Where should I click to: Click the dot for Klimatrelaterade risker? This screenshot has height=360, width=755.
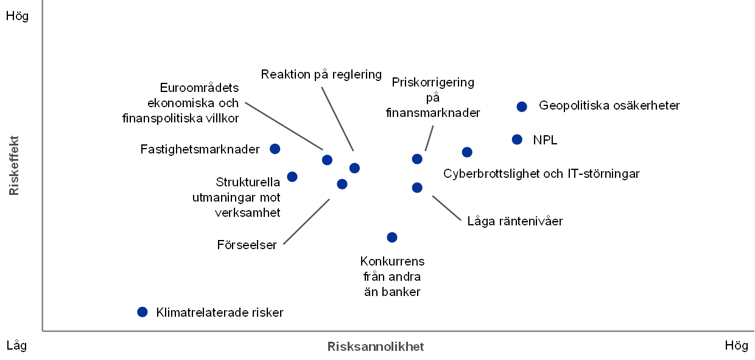142,312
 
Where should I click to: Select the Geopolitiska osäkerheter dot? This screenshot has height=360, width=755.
521,107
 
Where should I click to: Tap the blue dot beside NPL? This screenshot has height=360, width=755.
517,139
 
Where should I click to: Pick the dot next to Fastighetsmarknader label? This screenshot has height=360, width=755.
275,149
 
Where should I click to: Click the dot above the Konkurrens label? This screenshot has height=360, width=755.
392,237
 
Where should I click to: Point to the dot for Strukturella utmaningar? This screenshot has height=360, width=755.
292,177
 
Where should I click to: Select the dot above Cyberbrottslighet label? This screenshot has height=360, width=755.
467,152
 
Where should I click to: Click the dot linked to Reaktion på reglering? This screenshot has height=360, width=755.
354,168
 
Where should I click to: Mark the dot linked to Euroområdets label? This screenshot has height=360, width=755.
327,160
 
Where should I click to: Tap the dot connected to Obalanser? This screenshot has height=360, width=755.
342,184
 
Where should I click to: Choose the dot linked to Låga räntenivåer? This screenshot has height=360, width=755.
417,188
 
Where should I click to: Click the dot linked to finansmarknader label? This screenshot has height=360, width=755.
417,159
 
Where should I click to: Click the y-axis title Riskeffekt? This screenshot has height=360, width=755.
15,165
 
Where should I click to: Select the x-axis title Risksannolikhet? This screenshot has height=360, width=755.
376,347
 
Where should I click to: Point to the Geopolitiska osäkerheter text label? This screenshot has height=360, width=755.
609,106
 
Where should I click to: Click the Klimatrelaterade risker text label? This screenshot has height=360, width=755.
220,312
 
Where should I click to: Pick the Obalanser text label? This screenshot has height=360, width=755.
251,245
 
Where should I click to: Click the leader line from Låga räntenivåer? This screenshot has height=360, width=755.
446,208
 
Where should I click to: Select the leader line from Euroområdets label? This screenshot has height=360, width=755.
283,125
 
